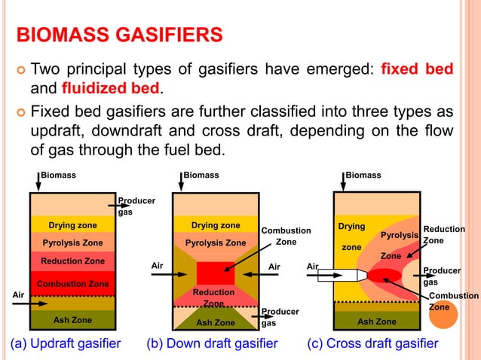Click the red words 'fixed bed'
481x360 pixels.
pyautogui.click(x=417, y=69)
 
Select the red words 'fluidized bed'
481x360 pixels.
pyautogui.click(x=111, y=89)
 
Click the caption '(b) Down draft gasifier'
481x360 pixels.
pyautogui.click(x=212, y=344)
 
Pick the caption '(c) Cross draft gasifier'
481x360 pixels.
pyautogui.click(x=372, y=344)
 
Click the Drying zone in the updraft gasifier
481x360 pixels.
pyautogui.click(x=72, y=224)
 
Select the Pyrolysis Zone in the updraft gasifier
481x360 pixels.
pyautogui.click(x=72, y=243)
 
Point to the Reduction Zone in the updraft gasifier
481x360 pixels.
pyautogui.click(x=72, y=261)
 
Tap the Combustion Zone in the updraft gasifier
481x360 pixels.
pyautogui.click(x=72, y=284)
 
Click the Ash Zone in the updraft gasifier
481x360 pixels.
pyautogui.click(x=72, y=320)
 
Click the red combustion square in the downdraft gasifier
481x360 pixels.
pyautogui.click(x=216, y=273)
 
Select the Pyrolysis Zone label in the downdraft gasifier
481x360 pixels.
pyautogui.click(x=216, y=243)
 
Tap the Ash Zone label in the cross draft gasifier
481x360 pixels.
pyautogui.click(x=376, y=322)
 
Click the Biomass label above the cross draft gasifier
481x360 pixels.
pyautogui.click(x=363, y=175)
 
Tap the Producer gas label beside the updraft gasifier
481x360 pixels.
pyautogui.click(x=136, y=206)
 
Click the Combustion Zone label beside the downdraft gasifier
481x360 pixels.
pyautogui.click(x=286, y=236)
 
